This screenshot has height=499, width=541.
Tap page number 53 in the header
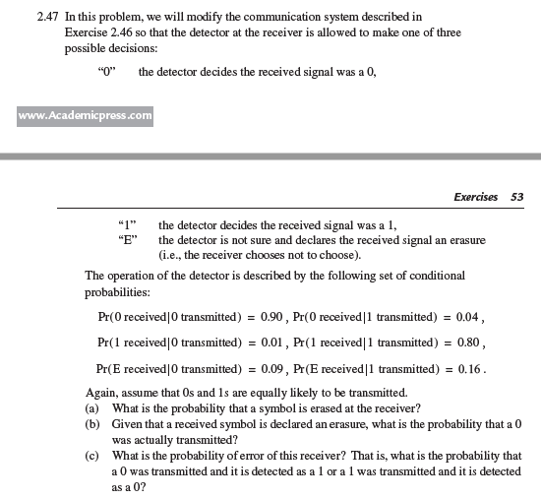(517, 197)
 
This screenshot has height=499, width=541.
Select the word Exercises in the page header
(476, 197)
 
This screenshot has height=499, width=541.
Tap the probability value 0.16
(460, 369)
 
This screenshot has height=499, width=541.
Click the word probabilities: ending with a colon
(120, 292)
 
